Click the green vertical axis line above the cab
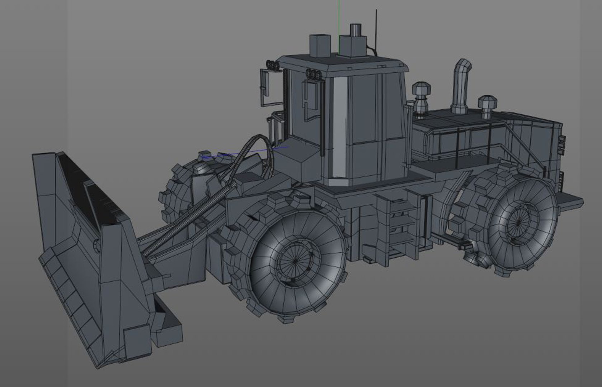pyautogui.click(x=338, y=21)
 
